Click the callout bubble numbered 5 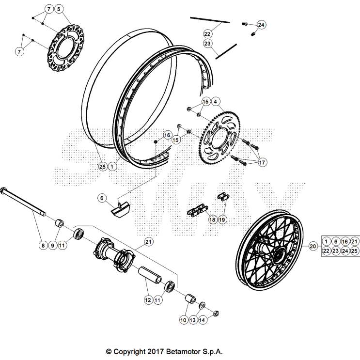click(x=59, y=9)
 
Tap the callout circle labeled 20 click(x=312, y=246)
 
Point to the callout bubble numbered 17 click(x=262, y=163)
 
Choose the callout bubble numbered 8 click(x=43, y=246)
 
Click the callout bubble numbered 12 click(x=147, y=300)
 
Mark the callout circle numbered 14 click(x=201, y=320)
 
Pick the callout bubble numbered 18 click(x=212, y=219)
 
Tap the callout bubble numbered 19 click(x=222, y=219)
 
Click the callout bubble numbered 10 click(x=183, y=320)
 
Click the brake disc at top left click(x=65, y=46)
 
